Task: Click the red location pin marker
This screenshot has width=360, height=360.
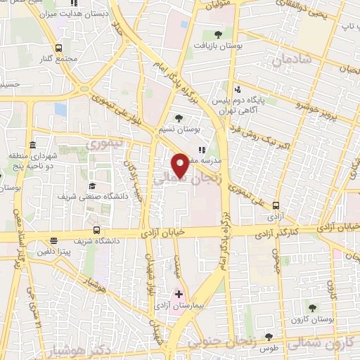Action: tap(180, 165)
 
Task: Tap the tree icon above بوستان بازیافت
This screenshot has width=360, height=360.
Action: tap(218, 33)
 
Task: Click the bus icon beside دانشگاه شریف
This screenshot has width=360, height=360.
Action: tap(96, 230)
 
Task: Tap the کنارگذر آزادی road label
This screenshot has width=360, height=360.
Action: tap(316, 229)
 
